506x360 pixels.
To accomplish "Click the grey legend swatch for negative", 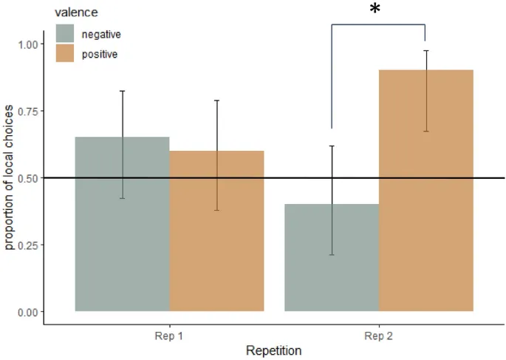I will (x=65, y=34).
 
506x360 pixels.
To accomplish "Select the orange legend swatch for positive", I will (x=65, y=53).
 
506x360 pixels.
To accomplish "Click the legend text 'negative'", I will (x=101, y=34).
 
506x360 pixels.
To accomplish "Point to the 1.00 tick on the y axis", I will (x=26, y=44).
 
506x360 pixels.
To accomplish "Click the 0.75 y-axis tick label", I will (x=26, y=111).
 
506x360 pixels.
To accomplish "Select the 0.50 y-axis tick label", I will (x=26, y=178).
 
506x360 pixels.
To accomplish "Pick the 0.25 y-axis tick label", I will (x=26, y=245).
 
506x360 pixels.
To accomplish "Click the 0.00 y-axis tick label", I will (x=26, y=312).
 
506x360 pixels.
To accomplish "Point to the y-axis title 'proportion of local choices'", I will (x=10, y=178).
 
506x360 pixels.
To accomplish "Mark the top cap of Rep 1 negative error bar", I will (x=123, y=91).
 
